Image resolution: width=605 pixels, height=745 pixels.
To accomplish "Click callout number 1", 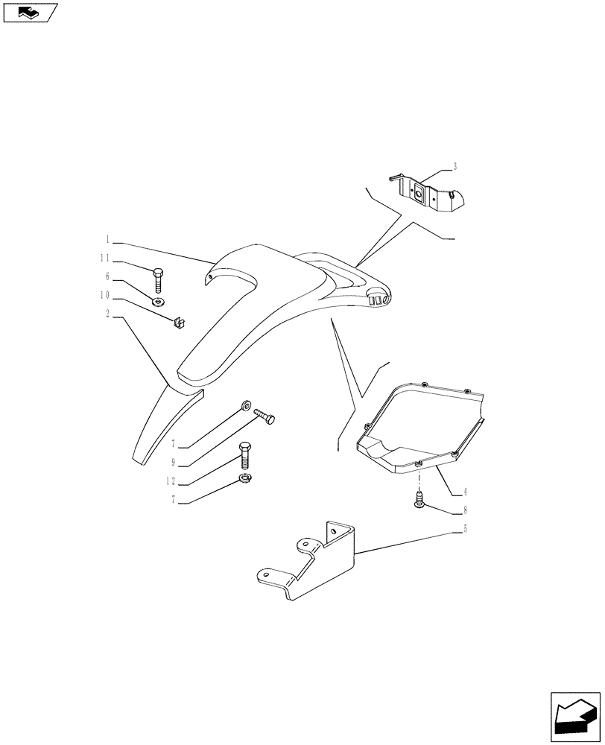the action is pyautogui.click(x=108, y=240).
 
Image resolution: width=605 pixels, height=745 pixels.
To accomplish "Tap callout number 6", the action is pyautogui.click(x=108, y=276).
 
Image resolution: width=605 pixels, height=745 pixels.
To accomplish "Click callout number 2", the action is pyautogui.click(x=108, y=314).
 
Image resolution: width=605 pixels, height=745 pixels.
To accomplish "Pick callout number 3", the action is pyautogui.click(x=454, y=166).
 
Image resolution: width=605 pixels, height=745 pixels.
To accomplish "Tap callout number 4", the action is pyautogui.click(x=465, y=492).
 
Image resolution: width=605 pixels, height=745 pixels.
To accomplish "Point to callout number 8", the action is pyautogui.click(x=465, y=510).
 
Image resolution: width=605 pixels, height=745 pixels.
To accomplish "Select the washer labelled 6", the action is pyautogui.click(x=158, y=302).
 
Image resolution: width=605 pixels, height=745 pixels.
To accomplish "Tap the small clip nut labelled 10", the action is pyautogui.click(x=178, y=322).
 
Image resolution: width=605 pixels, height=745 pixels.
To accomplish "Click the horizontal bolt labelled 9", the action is pyautogui.click(x=264, y=416).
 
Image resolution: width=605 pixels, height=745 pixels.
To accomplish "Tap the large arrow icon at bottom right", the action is pyautogui.click(x=576, y=718).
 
